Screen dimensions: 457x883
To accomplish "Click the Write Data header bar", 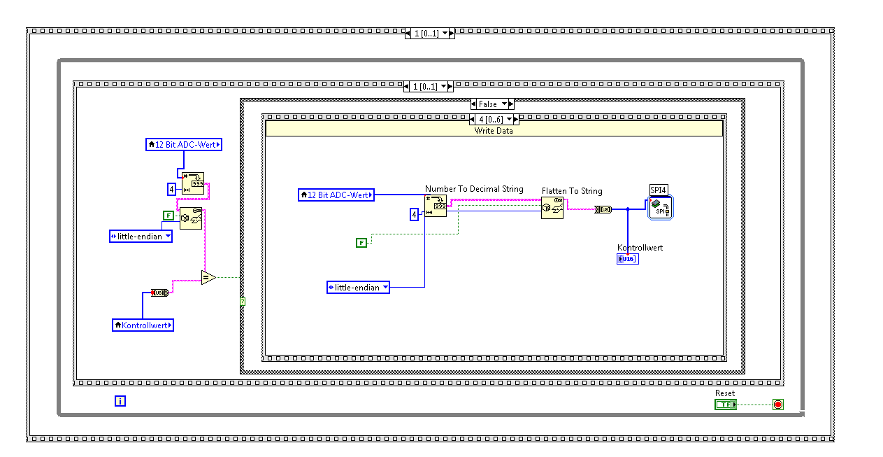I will [494, 130].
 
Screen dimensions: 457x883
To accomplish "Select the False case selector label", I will [488, 104].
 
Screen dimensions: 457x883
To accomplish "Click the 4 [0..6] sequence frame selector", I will [491, 119].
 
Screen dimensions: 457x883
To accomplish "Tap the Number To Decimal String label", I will [474, 189].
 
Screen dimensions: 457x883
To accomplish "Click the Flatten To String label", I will [572, 191].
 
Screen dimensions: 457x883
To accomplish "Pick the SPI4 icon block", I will [660, 208].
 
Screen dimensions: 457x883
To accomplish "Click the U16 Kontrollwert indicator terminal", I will [627, 259].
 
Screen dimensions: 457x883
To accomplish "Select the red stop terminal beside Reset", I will [777, 405].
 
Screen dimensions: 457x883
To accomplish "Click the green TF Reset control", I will [725, 405].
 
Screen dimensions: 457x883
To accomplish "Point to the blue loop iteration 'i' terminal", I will [120, 401].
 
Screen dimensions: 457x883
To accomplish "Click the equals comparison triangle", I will [208, 278].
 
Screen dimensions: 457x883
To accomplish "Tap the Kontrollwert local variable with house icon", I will [143, 325].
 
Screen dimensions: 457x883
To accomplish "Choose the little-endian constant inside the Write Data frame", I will [358, 288].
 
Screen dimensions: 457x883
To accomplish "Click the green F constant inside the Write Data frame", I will [361, 243].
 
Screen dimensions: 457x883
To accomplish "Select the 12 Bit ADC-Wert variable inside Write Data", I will [336, 195].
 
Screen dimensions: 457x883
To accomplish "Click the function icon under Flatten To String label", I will [552, 208].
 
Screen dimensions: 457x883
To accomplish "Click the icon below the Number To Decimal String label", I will [436, 206].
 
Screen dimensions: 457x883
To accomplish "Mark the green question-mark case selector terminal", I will [243, 302].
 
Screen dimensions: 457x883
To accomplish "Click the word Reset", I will [725, 393].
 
